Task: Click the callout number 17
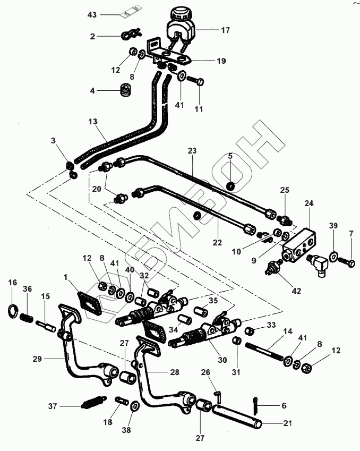[x=225, y=30]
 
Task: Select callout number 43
[x=92, y=14]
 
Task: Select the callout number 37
[x=52, y=406]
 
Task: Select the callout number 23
[x=192, y=151]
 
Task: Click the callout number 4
[x=92, y=91]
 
